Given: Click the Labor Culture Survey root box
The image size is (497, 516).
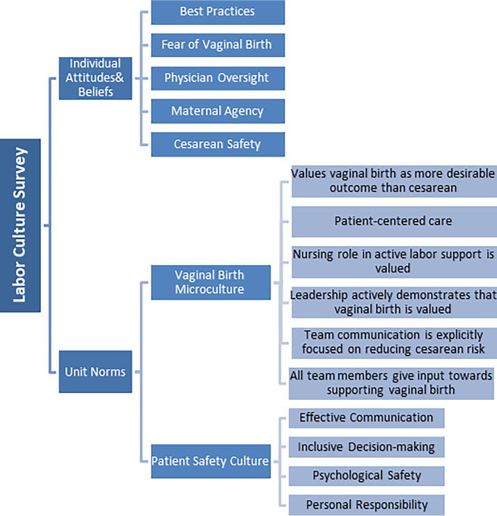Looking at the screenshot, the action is tap(20, 225).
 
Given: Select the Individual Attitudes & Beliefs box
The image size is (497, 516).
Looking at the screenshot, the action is tap(95, 79).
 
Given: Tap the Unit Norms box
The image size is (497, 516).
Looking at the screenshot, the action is tap(95, 371).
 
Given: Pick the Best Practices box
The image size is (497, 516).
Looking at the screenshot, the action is tap(218, 13).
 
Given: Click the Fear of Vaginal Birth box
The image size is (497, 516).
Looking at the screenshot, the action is tap(218, 45).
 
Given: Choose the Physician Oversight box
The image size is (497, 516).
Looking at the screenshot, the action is tap(218, 79).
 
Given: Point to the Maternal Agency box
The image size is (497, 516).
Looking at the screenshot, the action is tap(218, 111).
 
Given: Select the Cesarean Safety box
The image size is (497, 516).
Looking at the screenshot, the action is tap(218, 144).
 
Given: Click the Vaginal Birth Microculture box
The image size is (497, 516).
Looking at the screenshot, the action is tap(211, 282).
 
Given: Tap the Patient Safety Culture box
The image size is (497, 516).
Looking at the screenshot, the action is tap(211, 461).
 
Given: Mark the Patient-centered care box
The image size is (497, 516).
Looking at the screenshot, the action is tap(394, 221).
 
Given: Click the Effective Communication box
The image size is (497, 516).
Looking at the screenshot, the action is tap(367, 418).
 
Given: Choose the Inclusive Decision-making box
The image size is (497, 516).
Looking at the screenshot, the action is tap(367, 447).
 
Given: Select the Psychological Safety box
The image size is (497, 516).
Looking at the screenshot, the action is tap(367, 476).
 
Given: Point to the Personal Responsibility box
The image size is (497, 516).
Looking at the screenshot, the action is tap(367, 505).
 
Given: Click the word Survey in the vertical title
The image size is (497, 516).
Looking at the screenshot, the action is tap(19, 170).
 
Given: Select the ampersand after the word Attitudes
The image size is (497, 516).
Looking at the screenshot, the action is tap(119, 77).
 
